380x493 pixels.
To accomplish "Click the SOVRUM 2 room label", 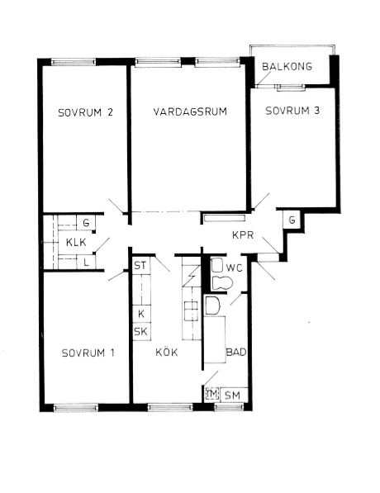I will coord(85,113).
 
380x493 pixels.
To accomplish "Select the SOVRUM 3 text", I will coord(286,112).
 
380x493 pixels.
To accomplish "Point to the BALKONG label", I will coord(287,67).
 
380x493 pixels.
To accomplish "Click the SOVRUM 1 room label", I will coord(88,353).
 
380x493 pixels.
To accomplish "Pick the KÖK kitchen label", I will coord(166,353).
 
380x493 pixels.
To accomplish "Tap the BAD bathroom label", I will coord(237,353).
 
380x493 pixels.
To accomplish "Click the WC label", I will coord(234,268).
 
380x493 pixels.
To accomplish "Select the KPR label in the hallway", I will coord(243,235).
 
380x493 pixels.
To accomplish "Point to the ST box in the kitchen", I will coord(140,266).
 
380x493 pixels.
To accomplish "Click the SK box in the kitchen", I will coord(140,331).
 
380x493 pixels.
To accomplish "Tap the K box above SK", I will coord(140,315).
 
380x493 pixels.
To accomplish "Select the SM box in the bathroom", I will coord(234,395).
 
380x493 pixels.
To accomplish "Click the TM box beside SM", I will coord(211,395).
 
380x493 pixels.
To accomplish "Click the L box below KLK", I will coord(85,262).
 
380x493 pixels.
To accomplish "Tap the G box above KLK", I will coord(85,223).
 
